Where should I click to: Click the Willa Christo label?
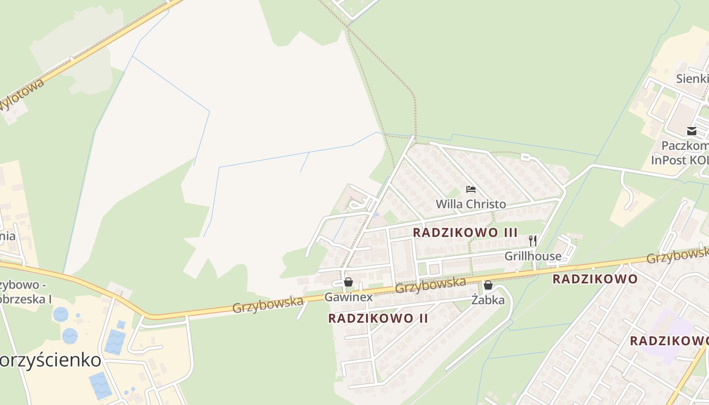click(x=470, y=204)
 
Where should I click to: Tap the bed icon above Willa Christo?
click(x=471, y=189)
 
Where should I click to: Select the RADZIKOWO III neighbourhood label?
click(x=465, y=232)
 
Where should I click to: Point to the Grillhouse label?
click(x=533, y=256)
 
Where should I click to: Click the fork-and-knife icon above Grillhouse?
click(x=533, y=240)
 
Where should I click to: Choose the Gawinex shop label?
click(x=348, y=297)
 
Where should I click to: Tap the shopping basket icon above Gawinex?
click(x=348, y=282)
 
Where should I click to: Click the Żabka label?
click(x=488, y=300)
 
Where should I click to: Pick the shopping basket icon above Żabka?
click(x=488, y=285)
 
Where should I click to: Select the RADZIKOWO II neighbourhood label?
click(x=378, y=318)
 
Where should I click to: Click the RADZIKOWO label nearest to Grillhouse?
click(x=595, y=279)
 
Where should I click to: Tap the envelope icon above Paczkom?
click(x=692, y=131)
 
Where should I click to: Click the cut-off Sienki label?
click(x=692, y=78)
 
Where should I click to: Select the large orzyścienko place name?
click(x=51, y=360)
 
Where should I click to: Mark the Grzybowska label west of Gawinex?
click(x=268, y=305)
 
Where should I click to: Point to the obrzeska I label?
click(x=26, y=299)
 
